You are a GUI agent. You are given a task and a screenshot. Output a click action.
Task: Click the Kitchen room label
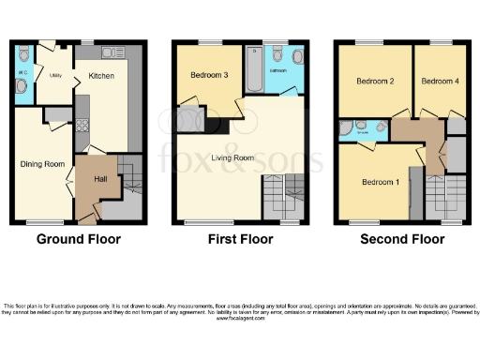101,77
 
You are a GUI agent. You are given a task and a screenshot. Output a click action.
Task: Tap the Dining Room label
42,164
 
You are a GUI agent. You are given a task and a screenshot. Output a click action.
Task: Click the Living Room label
231,158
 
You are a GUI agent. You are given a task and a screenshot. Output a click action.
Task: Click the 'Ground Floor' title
78,239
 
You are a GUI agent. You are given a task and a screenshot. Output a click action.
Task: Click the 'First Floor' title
240,239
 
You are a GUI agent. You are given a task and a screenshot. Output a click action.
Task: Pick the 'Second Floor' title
402,239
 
